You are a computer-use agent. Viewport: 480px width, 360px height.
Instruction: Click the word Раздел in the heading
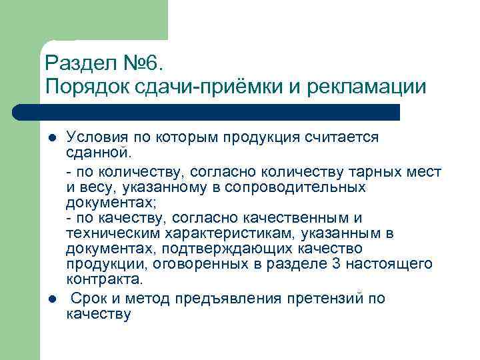(78, 64)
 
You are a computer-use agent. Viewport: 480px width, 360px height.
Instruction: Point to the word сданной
(93, 153)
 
